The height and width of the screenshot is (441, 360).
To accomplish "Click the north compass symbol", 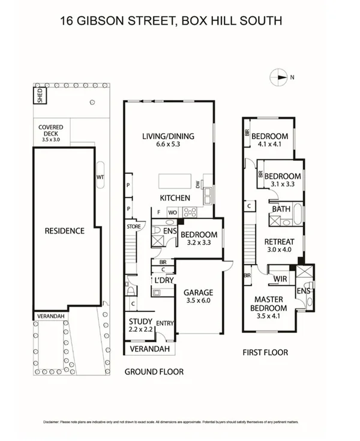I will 280,76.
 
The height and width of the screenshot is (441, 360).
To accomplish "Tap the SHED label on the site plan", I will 40,96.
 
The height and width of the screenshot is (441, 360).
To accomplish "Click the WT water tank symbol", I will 101,177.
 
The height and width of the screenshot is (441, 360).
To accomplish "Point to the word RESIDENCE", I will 65,230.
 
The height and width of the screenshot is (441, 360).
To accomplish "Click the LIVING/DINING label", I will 169,136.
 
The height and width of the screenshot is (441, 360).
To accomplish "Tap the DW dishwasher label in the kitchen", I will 197,185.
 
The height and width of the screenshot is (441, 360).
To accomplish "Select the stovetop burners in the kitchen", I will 190,212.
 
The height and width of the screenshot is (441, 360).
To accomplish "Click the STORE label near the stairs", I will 133,226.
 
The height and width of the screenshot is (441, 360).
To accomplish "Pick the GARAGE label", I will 198,293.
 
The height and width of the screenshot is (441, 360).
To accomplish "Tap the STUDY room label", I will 141,322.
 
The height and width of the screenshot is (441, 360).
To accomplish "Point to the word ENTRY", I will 164,323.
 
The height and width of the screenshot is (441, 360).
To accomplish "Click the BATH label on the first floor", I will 280,209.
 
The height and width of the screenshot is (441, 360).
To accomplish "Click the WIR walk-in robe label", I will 279,279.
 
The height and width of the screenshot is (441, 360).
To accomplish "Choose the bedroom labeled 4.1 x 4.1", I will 269,136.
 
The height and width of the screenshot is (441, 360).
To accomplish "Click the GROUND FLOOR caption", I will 154,372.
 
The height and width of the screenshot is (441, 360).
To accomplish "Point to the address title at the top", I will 171,21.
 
